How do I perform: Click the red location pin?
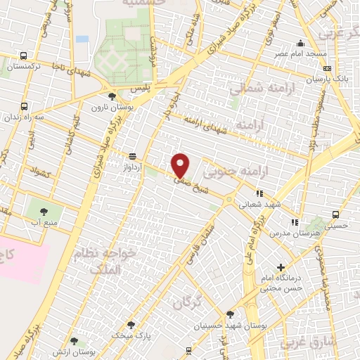[x=181, y=165]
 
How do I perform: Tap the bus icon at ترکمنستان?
[x=24, y=56]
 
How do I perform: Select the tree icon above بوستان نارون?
[x=112, y=96]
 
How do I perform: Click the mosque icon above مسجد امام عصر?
[x=301, y=43]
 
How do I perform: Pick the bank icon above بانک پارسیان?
[x=327, y=68]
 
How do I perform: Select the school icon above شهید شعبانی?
[x=259, y=193]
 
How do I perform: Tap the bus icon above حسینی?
[x=336, y=214]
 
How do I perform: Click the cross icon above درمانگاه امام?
[x=281, y=267]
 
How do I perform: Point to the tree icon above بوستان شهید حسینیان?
[x=230, y=314]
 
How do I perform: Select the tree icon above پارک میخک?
[x=131, y=324]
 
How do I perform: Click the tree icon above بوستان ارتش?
[x=75, y=341]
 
